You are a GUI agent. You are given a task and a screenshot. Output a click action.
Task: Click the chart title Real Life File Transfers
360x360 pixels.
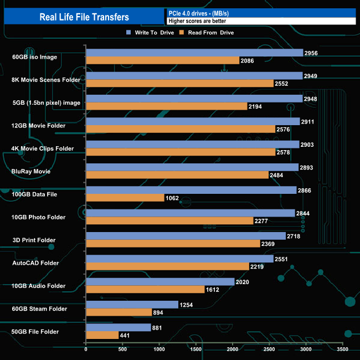pos(84,17)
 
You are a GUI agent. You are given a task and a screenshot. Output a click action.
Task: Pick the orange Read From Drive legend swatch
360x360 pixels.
pos(181,33)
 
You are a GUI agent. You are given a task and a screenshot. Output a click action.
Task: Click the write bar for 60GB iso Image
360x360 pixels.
pos(194,53)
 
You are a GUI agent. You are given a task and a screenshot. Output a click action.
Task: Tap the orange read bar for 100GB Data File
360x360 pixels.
pos(125,198)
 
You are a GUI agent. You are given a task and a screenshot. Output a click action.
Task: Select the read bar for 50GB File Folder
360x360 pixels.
pos(102,335)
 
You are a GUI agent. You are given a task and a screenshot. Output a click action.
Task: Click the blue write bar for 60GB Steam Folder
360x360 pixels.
pos(132,305)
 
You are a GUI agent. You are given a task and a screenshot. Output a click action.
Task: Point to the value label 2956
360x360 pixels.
pos(311,53)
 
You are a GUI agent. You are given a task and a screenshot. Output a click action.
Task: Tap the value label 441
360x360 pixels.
pos(127,335)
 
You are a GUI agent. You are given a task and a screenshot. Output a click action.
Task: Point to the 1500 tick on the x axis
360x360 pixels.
pos(196,349)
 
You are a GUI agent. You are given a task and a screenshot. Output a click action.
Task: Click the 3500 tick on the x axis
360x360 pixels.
pos(343,349)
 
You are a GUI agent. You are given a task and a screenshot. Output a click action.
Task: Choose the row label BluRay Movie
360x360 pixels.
pos(31,172)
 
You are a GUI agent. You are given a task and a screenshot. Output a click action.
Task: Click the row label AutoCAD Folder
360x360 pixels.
pos(34,263)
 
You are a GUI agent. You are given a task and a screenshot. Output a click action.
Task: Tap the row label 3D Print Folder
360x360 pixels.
pos(33,240)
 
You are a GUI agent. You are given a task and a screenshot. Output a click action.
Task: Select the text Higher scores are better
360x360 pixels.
pos(197,21)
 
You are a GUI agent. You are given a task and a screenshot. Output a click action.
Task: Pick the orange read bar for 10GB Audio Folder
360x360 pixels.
pos(145,289)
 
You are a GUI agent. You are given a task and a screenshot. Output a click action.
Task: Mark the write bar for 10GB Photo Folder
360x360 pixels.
pos(190,213)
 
